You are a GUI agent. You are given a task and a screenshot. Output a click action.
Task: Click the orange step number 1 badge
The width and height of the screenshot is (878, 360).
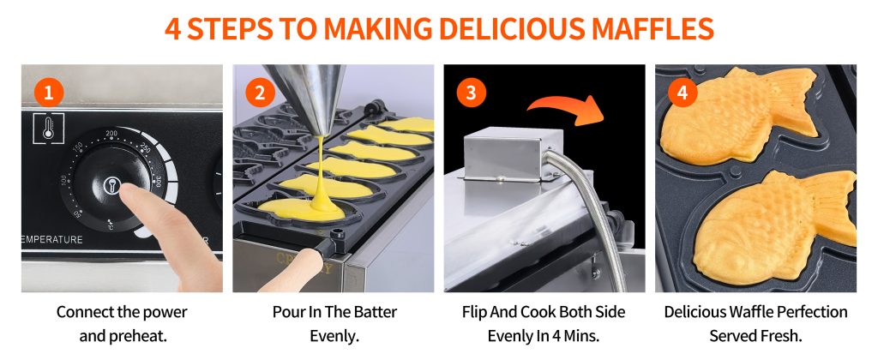[x=49, y=93]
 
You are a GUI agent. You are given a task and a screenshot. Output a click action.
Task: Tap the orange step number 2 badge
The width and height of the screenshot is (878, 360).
[x=260, y=93]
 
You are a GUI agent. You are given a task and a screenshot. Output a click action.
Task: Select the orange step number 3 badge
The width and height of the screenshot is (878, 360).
[x=471, y=93]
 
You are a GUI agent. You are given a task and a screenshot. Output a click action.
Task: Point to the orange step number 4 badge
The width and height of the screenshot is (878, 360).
[x=683, y=93]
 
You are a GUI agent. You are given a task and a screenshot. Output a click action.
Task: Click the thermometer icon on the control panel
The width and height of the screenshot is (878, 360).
[x=48, y=129]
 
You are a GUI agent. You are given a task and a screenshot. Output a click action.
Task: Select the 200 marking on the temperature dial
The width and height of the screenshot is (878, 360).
[x=111, y=134]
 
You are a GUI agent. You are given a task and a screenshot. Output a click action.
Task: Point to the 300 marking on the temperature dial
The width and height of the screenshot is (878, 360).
[x=159, y=183]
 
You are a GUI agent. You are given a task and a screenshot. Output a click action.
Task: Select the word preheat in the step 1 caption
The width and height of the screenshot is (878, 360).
[x=141, y=337]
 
